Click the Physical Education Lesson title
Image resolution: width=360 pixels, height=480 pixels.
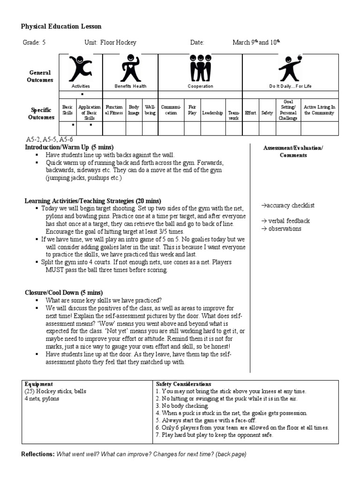61,27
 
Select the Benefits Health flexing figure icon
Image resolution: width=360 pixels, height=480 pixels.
130,68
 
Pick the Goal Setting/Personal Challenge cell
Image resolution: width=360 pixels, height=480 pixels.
288,110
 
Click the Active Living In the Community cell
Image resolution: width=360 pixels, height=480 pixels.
319,110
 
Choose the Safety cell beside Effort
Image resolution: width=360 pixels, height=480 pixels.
267,113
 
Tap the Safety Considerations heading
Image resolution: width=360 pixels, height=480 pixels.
183,384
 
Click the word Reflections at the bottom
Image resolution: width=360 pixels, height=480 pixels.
37,455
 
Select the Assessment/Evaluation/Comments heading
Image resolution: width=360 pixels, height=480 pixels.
293,151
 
